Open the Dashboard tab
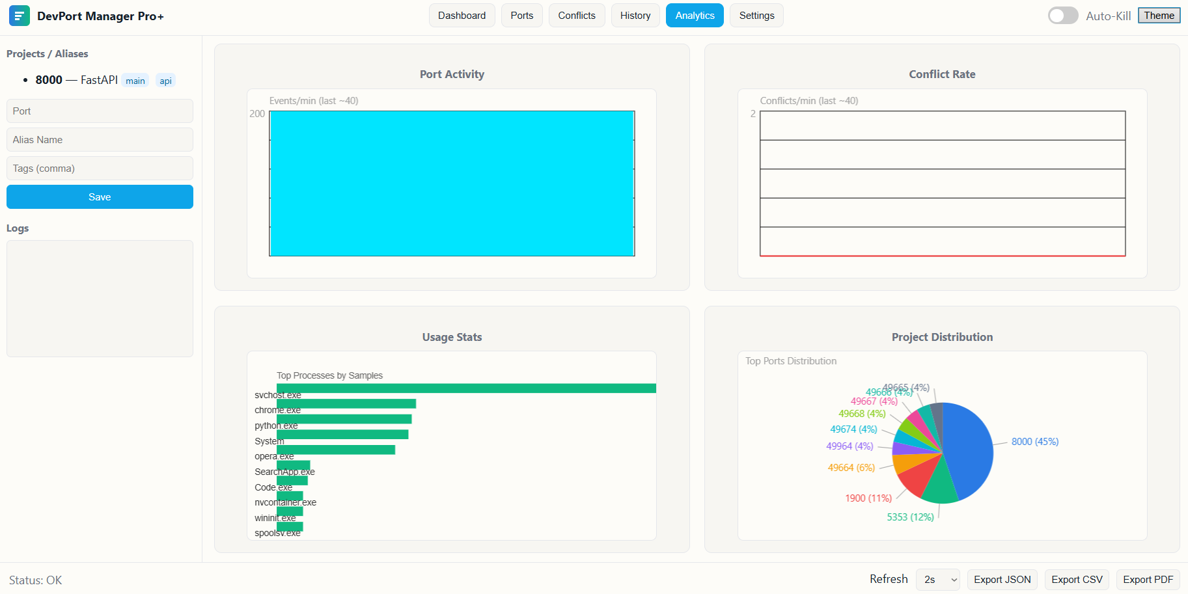(x=462, y=16)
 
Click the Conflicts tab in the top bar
(x=576, y=16)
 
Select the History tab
(x=635, y=16)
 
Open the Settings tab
(x=756, y=16)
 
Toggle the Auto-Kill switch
(x=1062, y=16)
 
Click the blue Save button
(x=100, y=197)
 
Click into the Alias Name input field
(x=100, y=140)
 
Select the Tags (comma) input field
(x=100, y=169)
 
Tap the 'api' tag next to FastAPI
(x=166, y=81)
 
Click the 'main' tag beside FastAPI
(x=135, y=81)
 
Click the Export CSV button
(x=1077, y=580)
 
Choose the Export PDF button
(x=1148, y=580)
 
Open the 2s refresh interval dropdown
(x=937, y=580)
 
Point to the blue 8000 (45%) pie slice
(x=970, y=449)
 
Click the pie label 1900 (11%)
(x=868, y=498)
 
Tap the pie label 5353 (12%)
(x=910, y=517)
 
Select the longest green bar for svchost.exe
(x=466, y=388)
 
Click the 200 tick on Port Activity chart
(x=257, y=114)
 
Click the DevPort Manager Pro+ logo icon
(x=20, y=16)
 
